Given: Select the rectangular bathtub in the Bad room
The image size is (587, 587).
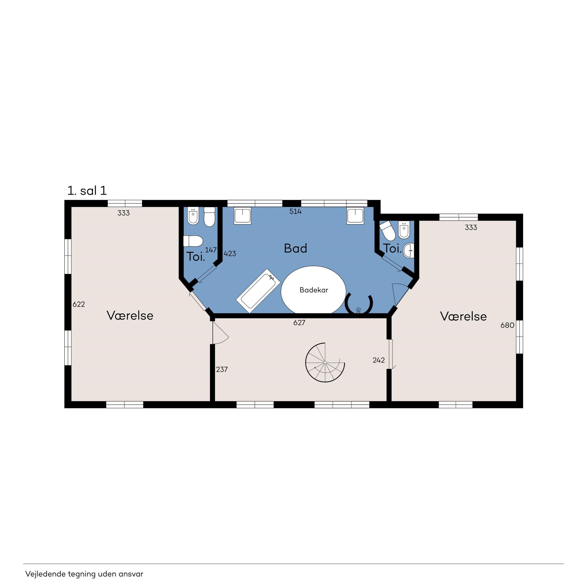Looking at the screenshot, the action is (x=258, y=291).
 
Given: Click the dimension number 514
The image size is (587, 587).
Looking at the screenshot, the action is (x=295, y=212).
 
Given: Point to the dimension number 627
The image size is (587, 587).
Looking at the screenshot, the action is (x=299, y=323).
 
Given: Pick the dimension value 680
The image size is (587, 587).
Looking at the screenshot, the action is (x=507, y=325).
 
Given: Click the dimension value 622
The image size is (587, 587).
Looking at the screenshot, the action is (x=79, y=304).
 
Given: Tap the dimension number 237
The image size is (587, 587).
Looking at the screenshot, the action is (x=222, y=369).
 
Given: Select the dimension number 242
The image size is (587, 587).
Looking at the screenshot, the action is (x=379, y=360).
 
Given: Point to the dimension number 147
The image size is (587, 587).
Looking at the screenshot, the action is (x=211, y=250).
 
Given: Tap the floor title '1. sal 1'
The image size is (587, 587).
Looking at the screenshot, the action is (x=87, y=191).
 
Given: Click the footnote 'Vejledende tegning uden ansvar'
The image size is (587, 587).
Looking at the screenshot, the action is (x=84, y=574).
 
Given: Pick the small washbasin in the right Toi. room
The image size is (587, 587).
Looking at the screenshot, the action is (x=409, y=251).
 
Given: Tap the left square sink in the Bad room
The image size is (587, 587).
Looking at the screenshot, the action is (x=242, y=216).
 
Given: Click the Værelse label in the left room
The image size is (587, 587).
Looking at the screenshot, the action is (x=130, y=315).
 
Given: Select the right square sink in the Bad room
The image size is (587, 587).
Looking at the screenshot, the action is (x=355, y=216).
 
